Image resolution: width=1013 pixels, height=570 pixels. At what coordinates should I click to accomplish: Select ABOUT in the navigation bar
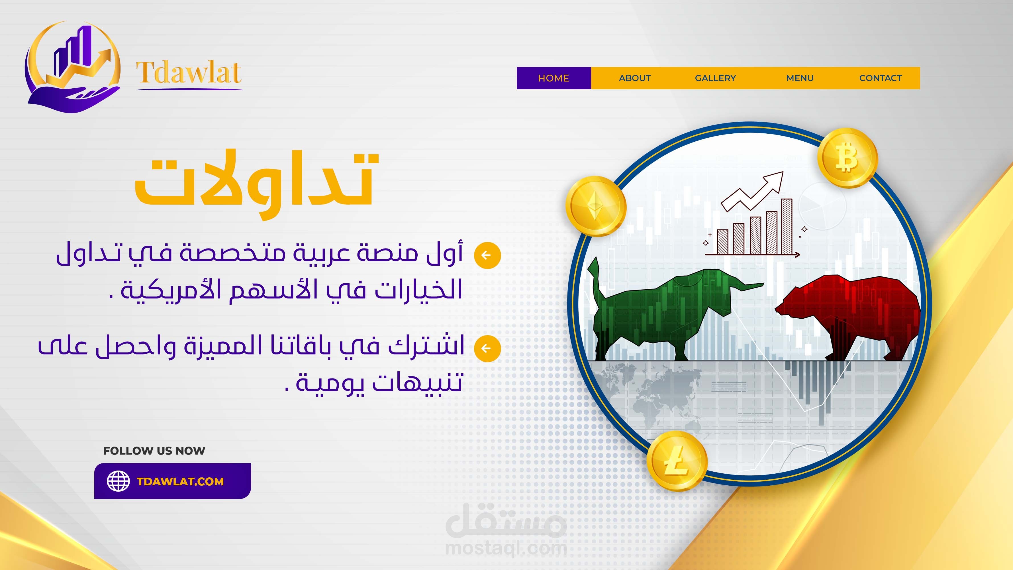point(635,78)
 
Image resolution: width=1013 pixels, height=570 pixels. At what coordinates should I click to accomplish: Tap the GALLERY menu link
point(715,78)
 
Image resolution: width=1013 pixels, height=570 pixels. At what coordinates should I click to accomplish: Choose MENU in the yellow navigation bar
point(800,78)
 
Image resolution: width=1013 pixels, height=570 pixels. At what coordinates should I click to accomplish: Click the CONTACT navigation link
point(881,78)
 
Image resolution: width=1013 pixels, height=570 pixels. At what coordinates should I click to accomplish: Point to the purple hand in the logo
point(73,99)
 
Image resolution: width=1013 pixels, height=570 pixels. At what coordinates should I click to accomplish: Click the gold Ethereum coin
point(595,206)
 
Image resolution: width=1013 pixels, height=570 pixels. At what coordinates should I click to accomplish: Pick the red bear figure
point(849,317)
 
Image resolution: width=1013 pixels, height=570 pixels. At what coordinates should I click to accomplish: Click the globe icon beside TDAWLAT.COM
point(119,481)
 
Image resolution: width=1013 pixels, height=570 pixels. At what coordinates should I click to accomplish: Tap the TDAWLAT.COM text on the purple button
point(180,481)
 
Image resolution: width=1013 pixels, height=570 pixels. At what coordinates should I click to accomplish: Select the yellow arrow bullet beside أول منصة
point(487,255)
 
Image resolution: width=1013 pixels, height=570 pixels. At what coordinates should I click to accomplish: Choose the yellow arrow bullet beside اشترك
point(487,348)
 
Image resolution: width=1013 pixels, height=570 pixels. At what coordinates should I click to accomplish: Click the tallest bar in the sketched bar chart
point(787,227)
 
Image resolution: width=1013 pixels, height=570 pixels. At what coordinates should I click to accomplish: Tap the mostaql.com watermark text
point(506,548)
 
